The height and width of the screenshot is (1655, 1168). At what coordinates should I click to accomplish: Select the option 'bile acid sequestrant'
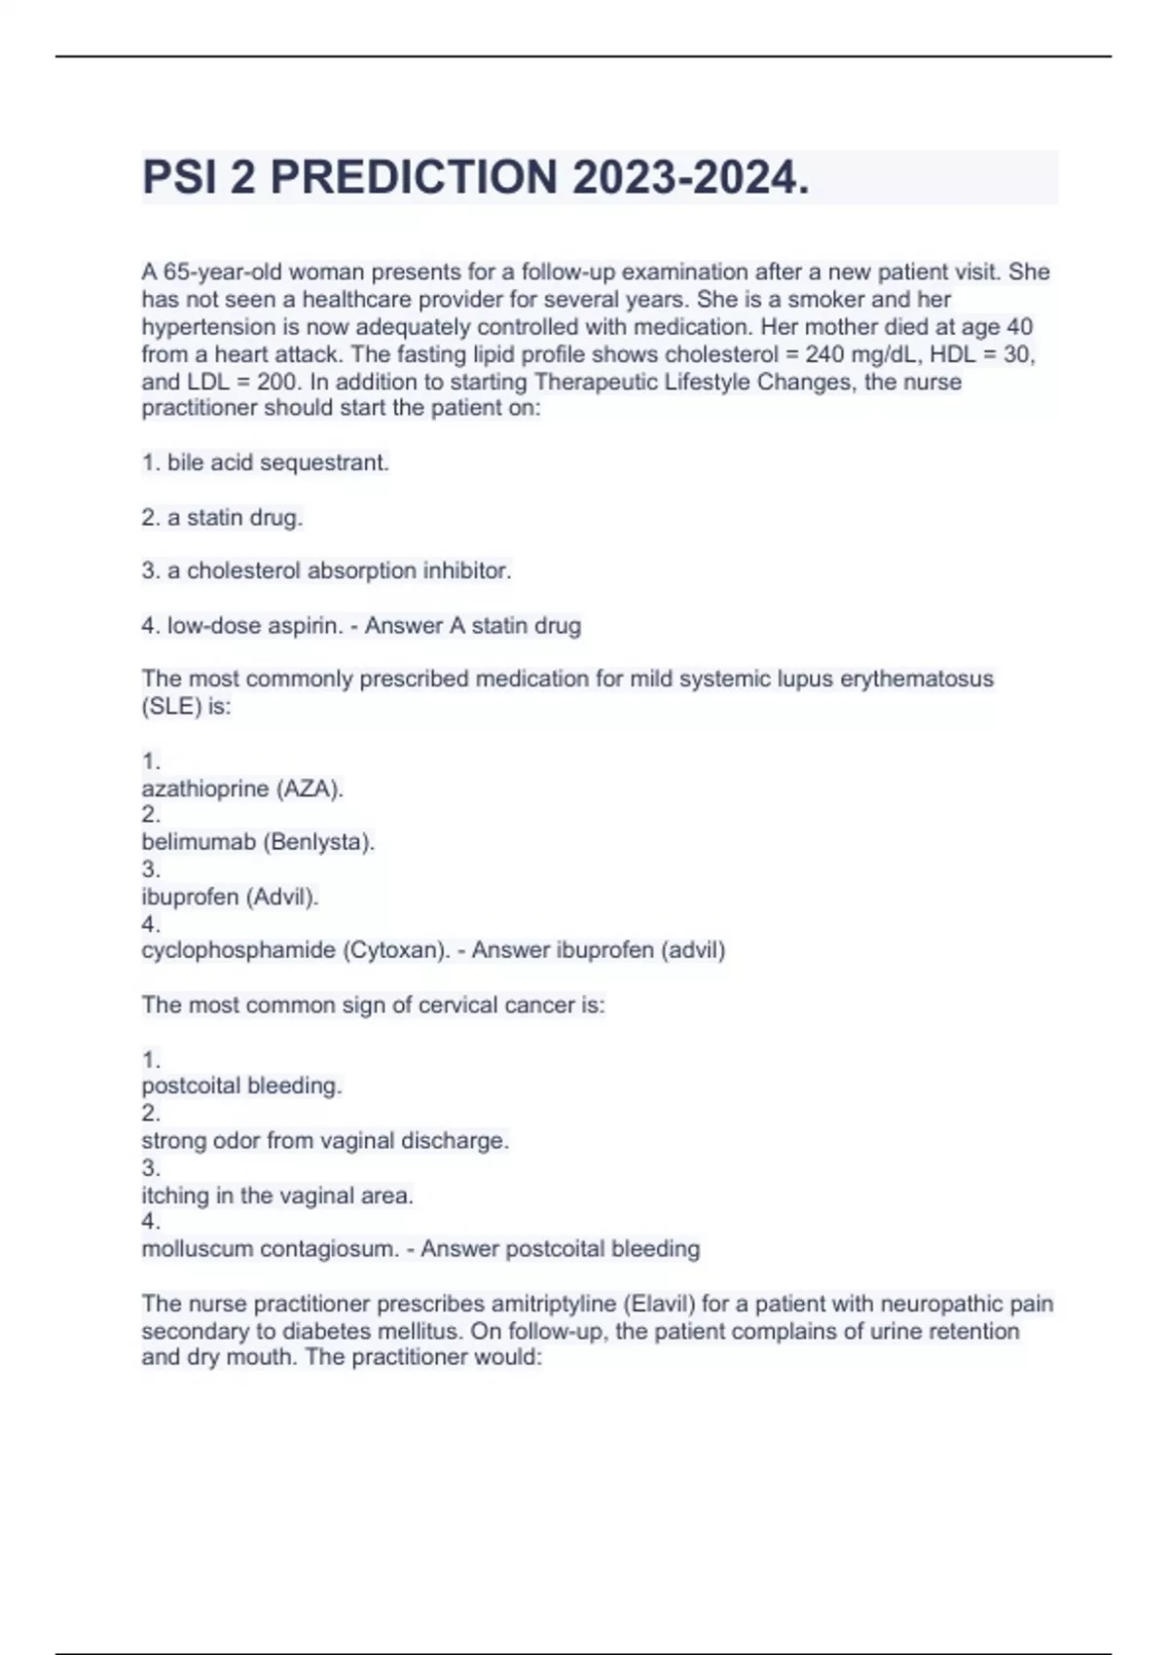point(277,463)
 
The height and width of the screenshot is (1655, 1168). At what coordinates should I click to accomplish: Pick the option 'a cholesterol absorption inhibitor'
point(339,571)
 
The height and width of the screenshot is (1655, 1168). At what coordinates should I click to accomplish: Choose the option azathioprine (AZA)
point(242,789)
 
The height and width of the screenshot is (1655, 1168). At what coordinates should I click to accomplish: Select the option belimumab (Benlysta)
point(258,842)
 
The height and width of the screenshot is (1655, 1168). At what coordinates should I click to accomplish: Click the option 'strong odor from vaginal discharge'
point(325,1141)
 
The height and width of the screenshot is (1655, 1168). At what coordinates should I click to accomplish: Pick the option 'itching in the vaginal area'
point(277,1195)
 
